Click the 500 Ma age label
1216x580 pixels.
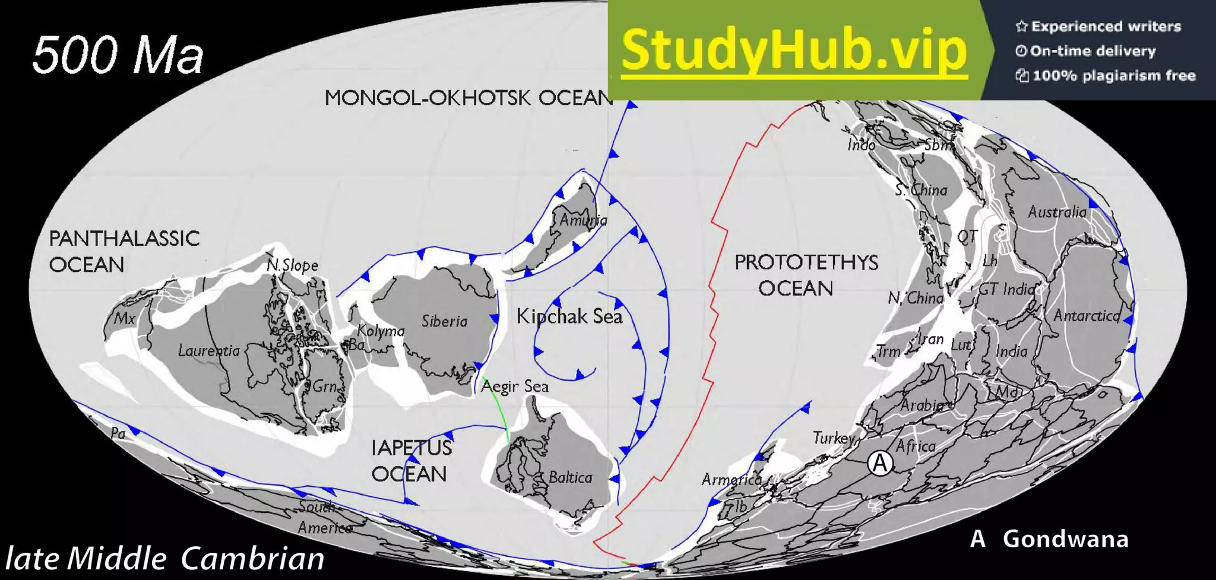tap(118, 55)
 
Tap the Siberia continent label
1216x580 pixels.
tap(445, 321)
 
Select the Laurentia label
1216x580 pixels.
tap(209, 351)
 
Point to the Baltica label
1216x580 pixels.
tap(570, 477)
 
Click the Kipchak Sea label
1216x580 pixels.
tap(569, 316)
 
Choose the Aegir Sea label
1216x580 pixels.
tap(515, 386)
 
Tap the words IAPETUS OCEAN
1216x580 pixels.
tap(411, 461)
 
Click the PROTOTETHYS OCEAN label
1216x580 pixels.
tap(806, 275)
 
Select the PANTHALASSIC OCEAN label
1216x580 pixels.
tap(123, 251)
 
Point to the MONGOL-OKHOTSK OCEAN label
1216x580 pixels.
tap(468, 98)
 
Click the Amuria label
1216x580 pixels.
tap(583, 220)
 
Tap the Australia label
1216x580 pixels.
tap(1057, 212)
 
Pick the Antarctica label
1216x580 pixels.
tap(1087, 316)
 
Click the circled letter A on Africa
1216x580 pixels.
tap(880, 463)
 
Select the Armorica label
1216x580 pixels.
tap(731, 479)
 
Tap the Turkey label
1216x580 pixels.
tap(833, 438)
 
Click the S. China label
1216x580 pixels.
tap(921, 190)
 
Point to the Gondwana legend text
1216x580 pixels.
tap(1065, 539)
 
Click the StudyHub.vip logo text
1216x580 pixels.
tap(794, 50)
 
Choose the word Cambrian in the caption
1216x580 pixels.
tap(252, 559)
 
